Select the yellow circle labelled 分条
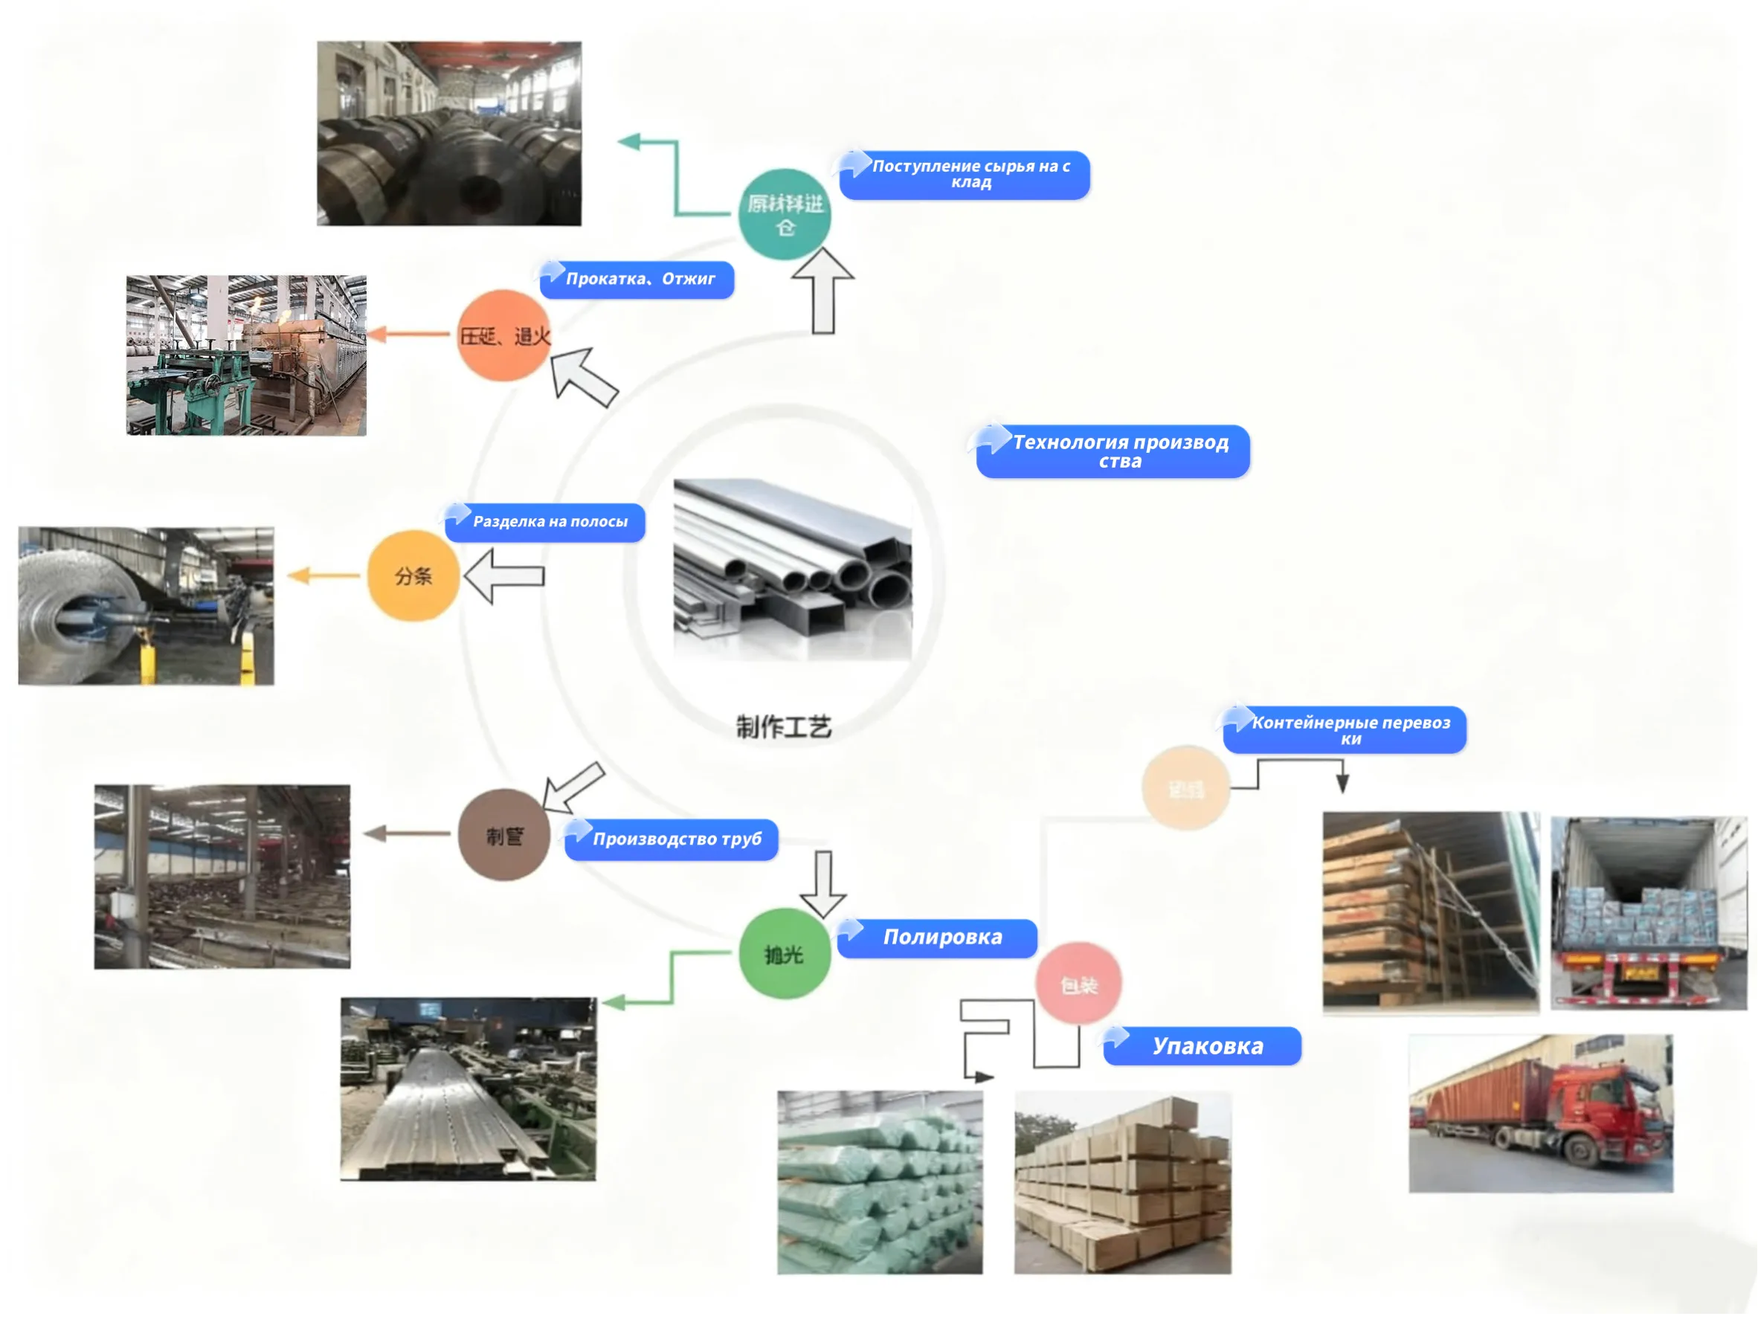coord(413,575)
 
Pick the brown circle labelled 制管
coord(504,835)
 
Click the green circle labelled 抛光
coord(785,953)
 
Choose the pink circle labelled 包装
coord(1078,984)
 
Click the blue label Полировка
coord(941,938)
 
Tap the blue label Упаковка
coord(1205,1045)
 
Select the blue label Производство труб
coord(674,839)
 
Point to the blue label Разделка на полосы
coord(548,522)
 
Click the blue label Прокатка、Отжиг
coord(639,279)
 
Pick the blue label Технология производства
coord(1118,451)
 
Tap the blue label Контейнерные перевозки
coord(1348,730)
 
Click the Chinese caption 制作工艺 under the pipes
coord(784,726)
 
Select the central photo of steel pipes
coord(793,569)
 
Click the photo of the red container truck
coord(1540,1112)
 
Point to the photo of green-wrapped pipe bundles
coord(880,1181)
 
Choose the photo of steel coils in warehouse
coord(449,134)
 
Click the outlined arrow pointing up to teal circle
coord(823,291)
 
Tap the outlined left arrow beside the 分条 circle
coord(504,576)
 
